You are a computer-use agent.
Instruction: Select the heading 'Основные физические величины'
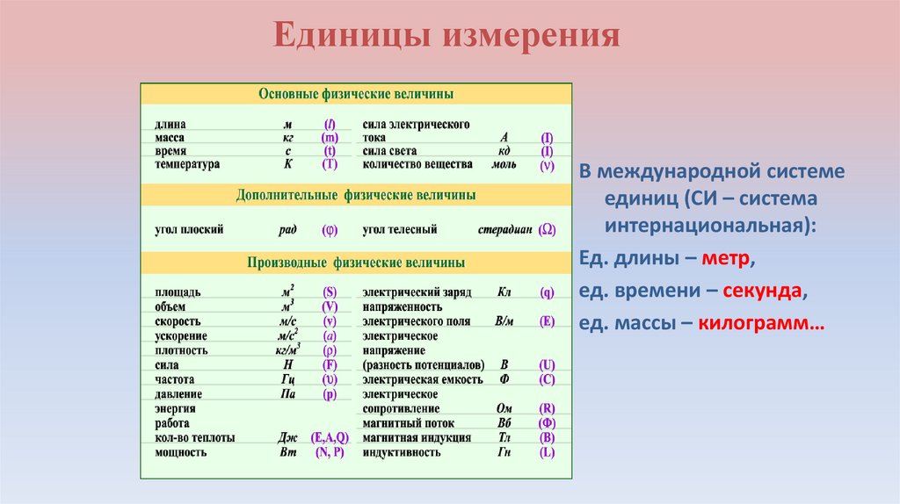click(x=356, y=93)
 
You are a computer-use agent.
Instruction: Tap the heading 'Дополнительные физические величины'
click(x=356, y=193)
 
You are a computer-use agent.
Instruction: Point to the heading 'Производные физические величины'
click(x=356, y=263)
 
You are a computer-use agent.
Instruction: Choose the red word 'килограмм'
click(x=761, y=323)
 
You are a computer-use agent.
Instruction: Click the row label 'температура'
click(x=187, y=164)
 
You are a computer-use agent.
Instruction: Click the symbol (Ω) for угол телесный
click(x=547, y=230)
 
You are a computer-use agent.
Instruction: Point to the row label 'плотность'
click(x=182, y=350)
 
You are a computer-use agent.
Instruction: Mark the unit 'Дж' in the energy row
click(x=287, y=437)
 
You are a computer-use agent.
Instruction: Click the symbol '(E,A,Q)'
click(x=330, y=437)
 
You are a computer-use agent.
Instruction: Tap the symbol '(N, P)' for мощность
click(x=330, y=452)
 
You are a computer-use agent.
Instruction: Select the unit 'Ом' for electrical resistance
click(x=504, y=408)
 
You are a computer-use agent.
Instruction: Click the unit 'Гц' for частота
click(x=287, y=379)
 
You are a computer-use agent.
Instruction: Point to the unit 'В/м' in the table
click(x=504, y=321)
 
